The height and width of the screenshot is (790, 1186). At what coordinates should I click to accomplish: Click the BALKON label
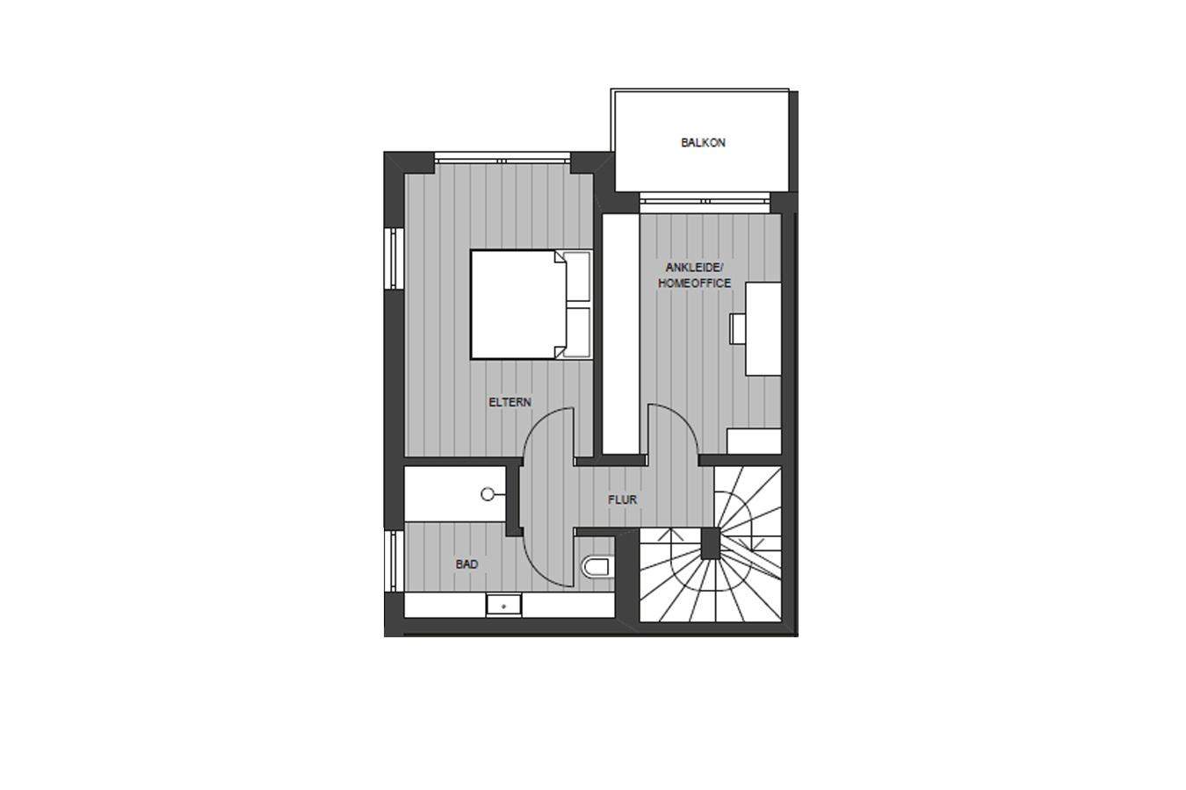[703, 142]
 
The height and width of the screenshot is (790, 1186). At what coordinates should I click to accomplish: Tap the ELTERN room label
[510, 402]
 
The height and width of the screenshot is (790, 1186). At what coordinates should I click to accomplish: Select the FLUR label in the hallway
[623, 499]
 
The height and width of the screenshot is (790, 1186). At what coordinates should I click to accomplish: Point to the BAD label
[467, 564]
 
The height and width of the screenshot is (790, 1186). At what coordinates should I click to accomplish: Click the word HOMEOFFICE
[695, 284]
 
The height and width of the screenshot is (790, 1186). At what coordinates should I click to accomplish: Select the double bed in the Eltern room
[531, 305]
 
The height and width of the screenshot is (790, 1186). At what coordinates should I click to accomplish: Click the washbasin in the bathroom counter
[504, 606]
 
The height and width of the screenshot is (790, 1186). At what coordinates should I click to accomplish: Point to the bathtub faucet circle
[488, 494]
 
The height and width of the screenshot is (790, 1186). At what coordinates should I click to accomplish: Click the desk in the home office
[763, 329]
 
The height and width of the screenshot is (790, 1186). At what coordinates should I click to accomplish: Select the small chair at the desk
[738, 328]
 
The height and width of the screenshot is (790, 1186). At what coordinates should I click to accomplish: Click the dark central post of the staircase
[711, 543]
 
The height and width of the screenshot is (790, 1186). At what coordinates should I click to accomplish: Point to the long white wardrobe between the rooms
[620, 334]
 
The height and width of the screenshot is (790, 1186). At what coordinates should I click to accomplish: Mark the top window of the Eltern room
[502, 158]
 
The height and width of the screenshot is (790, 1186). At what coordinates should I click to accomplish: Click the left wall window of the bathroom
[394, 560]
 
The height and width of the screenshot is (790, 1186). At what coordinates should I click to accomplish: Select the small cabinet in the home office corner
[754, 441]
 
